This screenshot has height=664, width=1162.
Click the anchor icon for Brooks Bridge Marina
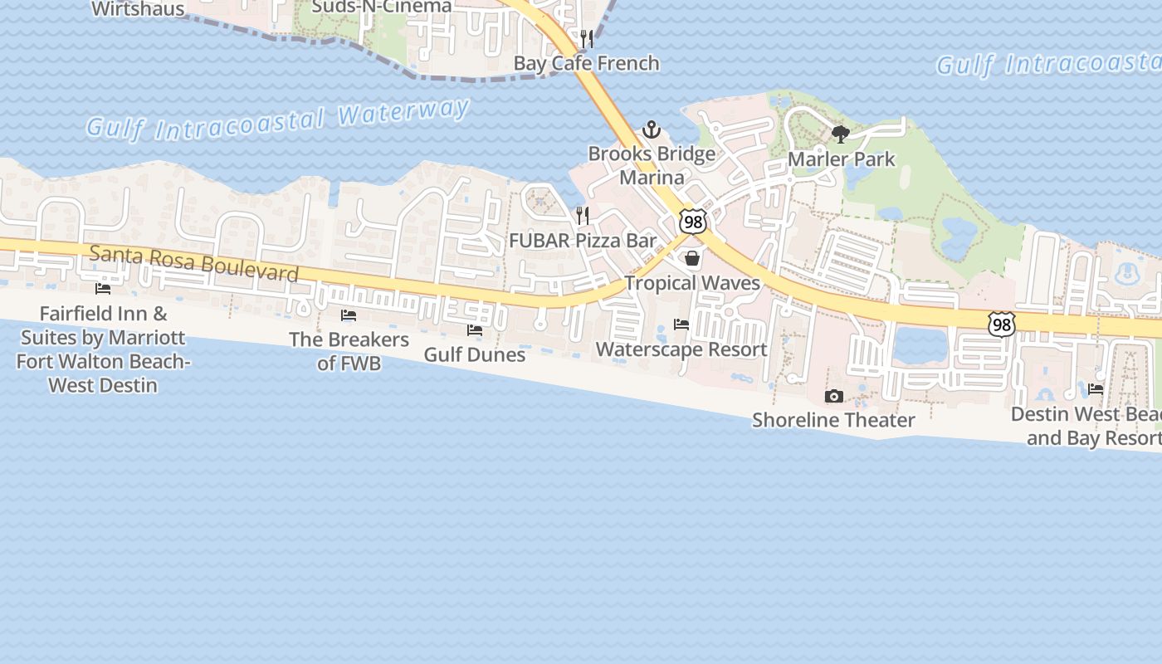pos(652,129)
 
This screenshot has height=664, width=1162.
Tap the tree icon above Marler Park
pos(840,134)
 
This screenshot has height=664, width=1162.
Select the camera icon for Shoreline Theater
pos(833,397)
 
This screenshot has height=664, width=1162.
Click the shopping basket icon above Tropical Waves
pos(692,259)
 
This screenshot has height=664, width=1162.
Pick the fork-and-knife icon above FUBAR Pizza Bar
pos(583,216)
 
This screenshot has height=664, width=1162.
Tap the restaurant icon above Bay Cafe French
pos(587,38)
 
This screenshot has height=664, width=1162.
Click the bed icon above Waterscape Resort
pos(681,325)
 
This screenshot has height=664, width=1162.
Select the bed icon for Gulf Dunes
pos(475,330)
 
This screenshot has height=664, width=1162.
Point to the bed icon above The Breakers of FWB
pos(349,315)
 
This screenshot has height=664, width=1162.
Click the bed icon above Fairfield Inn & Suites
pos(103,289)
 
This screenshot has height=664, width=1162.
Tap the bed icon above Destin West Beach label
pos(1096,388)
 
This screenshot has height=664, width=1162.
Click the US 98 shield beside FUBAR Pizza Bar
pos(692,221)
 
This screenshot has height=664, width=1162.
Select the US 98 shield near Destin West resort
pos(1002,325)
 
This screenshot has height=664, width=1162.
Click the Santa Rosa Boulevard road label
pos(193,262)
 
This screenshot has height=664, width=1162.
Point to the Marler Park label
pos(841,159)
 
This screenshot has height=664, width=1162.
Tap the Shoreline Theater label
pos(833,420)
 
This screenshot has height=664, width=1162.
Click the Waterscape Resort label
pos(681,349)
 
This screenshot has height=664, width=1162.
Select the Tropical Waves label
pos(692,283)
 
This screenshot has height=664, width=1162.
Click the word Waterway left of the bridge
pos(404,114)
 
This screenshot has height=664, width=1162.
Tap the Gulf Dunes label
pos(475,354)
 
